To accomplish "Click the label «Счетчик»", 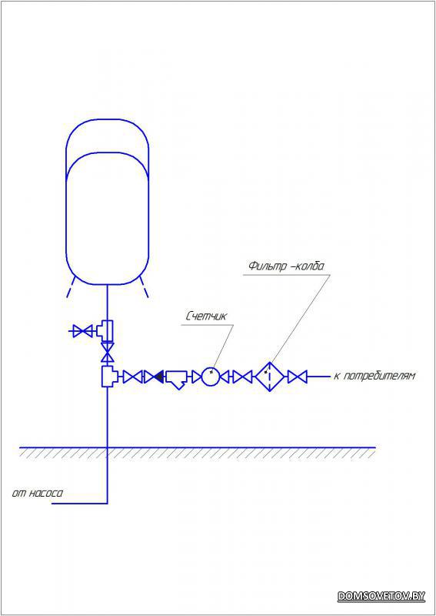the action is (x=206, y=317).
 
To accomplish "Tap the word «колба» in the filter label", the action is (x=311, y=266).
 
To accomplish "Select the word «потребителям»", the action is (x=379, y=376).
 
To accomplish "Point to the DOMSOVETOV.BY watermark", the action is (x=381, y=595).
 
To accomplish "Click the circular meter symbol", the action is (x=211, y=377).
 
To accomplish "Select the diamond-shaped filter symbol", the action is (x=270, y=377).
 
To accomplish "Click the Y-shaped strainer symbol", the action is (x=178, y=379).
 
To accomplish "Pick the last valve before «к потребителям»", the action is (x=297, y=377).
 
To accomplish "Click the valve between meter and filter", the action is (x=242, y=377).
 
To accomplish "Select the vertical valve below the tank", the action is (x=107, y=352).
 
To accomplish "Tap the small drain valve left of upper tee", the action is (x=83, y=331).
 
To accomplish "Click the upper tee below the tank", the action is (x=106, y=331).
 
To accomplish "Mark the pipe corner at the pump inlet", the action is (x=107, y=503).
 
